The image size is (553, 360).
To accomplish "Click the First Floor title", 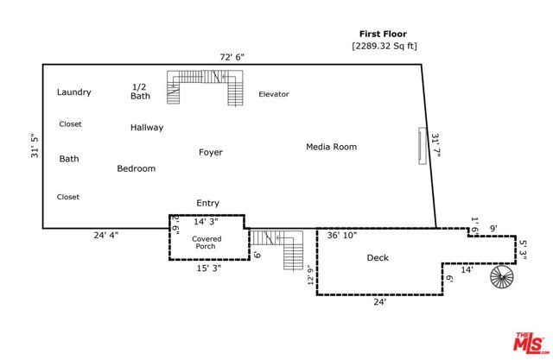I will (x=383, y=35).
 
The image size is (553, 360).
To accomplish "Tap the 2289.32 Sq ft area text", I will (x=383, y=46).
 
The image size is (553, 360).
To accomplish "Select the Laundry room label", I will (x=74, y=92).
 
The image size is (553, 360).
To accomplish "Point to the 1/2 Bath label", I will (x=141, y=92).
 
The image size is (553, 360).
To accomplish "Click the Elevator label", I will (x=274, y=94).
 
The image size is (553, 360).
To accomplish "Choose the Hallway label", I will (x=147, y=128).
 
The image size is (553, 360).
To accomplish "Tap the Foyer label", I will (x=211, y=153).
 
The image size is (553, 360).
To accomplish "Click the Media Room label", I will (x=331, y=147).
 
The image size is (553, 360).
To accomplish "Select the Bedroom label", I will (x=137, y=169).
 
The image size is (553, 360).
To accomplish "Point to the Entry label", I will (x=207, y=204).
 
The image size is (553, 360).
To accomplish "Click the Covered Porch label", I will (x=206, y=243).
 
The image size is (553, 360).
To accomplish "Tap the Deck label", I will (x=378, y=258).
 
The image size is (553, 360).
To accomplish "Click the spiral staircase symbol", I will (x=501, y=278).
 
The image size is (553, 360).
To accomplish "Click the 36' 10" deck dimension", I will (x=340, y=235).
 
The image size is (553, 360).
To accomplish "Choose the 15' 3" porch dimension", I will (x=208, y=268).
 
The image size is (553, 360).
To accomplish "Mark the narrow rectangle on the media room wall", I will (x=422, y=146).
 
